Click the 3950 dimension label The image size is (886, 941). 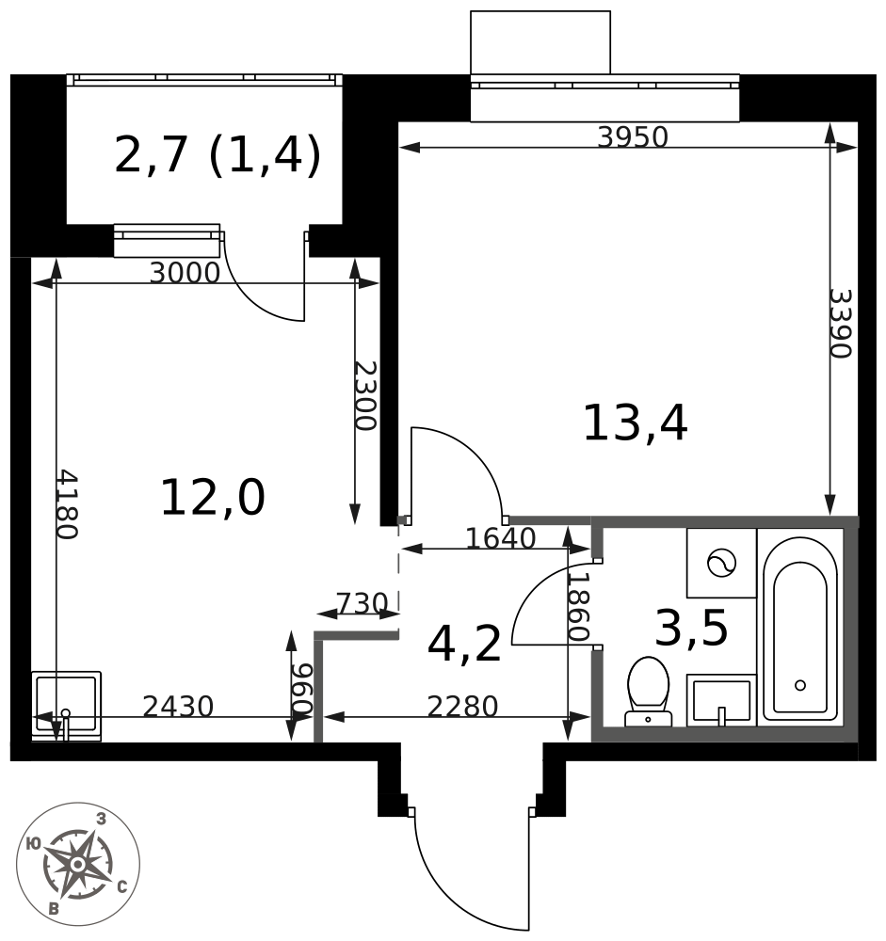pos(633,136)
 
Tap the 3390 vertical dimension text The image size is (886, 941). pos(841,324)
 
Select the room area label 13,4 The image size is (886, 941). pos(635,423)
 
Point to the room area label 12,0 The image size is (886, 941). pos(213,497)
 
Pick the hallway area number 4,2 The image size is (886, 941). pos(464,644)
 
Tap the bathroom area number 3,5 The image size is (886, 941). pos(691,628)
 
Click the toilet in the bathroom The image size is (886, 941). pos(648,692)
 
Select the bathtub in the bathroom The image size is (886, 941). pos(800,628)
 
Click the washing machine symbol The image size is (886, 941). pos(721,563)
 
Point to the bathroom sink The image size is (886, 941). pos(721,700)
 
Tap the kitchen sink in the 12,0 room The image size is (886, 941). pos(66,706)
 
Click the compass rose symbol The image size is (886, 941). pos(78,864)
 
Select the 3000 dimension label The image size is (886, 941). pos(185,273)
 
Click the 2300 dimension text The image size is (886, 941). pos(364,395)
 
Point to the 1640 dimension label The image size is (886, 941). pos(501,538)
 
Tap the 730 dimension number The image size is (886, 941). pos(362,603)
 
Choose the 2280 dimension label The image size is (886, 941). pos(462,707)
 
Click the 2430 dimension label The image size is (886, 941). pos(178,707)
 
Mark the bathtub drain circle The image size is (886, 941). pos(800,685)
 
